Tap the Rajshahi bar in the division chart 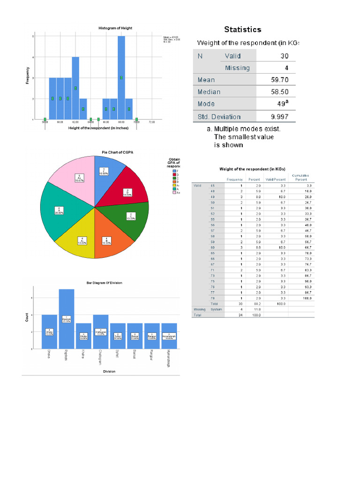point(67,319)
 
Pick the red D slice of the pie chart point(126,187)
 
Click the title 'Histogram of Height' point(115,28)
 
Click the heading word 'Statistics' point(242,30)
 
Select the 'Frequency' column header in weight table point(234,180)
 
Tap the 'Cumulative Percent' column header point(300,177)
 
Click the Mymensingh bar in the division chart point(168,336)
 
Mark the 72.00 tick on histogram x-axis point(152,122)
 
